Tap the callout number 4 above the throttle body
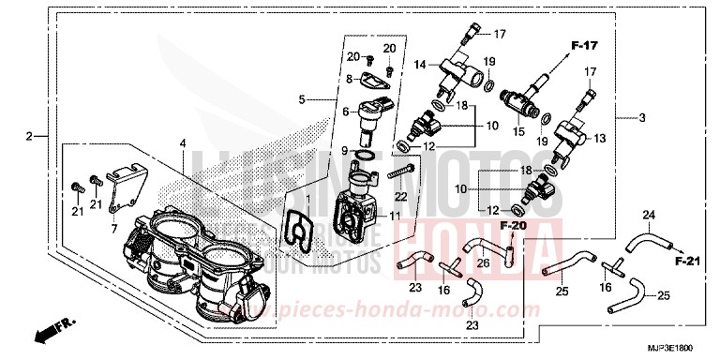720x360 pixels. (x=184, y=143)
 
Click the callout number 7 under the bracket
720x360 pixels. (x=114, y=228)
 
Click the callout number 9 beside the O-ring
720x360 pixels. (x=345, y=151)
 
